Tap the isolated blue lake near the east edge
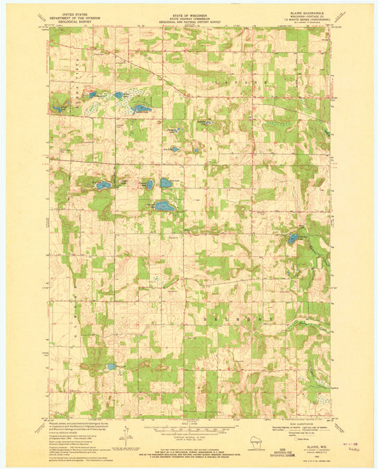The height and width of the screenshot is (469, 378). click(293, 239)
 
